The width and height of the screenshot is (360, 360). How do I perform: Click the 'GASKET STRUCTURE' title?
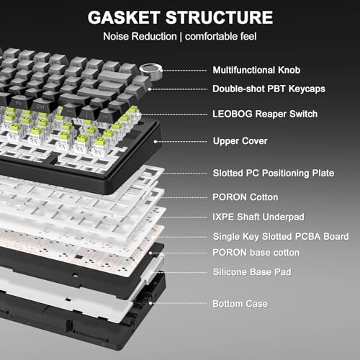(x=180, y=17)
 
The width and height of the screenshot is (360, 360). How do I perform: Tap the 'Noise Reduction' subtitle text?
(x=140, y=37)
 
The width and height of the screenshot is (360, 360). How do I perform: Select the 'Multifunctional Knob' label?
(x=256, y=70)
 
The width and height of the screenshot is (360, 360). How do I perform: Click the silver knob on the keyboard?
(x=150, y=72)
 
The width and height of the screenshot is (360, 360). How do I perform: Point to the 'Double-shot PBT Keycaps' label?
(x=269, y=89)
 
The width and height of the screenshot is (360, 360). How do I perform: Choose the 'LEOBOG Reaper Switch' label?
(x=265, y=114)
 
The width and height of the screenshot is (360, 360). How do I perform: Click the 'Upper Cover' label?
(x=240, y=141)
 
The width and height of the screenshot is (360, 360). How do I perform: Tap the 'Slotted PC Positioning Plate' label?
(x=274, y=173)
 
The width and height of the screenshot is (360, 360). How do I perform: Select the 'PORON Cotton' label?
(x=246, y=197)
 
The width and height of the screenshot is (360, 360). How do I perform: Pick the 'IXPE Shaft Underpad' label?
(x=258, y=217)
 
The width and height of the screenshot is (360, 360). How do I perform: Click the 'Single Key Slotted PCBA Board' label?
(x=281, y=237)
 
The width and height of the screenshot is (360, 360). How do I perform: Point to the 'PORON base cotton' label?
(x=256, y=253)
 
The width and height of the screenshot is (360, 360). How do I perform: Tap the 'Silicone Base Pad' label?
(x=252, y=272)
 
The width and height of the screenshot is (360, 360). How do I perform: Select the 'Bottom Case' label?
(x=240, y=304)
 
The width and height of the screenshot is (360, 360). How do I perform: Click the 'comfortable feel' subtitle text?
(x=221, y=37)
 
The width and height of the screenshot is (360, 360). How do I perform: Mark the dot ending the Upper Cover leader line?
(x=156, y=142)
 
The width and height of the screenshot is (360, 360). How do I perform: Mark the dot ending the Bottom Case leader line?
(x=150, y=303)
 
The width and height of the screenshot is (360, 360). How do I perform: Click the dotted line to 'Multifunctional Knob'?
(x=184, y=71)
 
